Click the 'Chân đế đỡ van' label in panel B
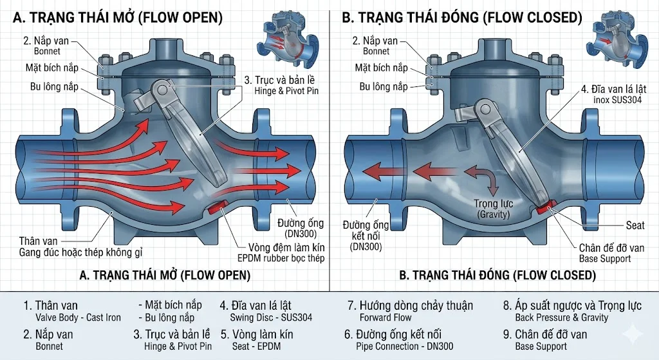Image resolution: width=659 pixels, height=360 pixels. [611, 248]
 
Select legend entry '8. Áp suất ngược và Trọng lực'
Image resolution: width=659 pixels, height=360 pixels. [572, 305]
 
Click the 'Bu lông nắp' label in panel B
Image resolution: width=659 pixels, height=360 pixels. [383, 86]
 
